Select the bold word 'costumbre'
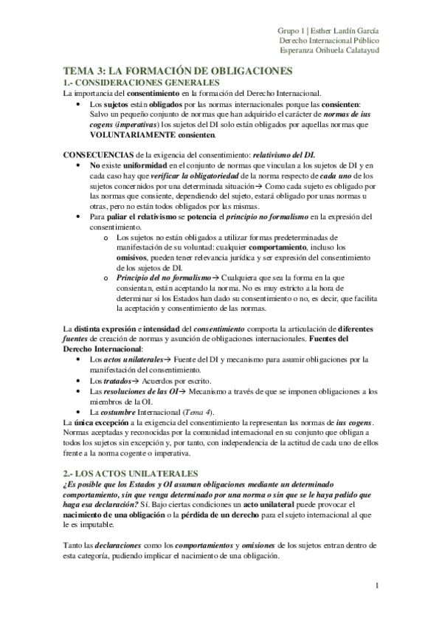(122, 411)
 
